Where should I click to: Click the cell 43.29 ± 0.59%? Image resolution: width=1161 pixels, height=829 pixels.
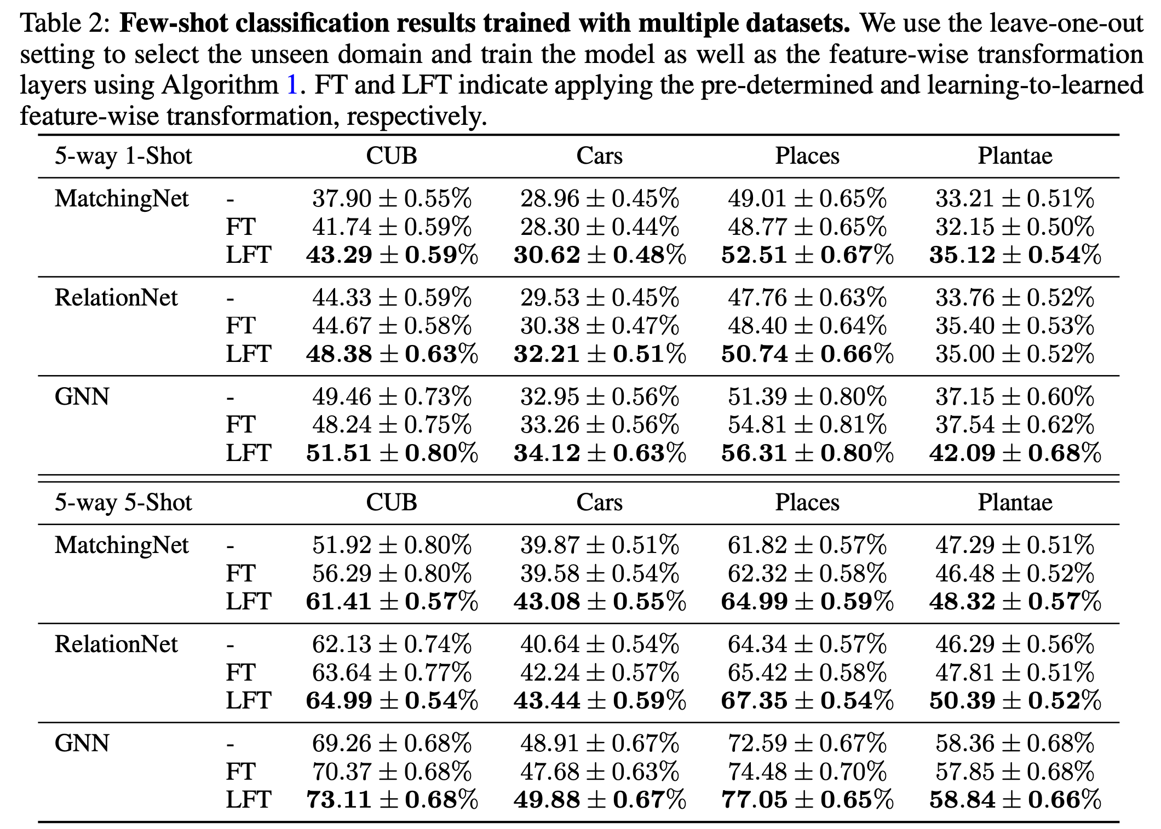point(392,255)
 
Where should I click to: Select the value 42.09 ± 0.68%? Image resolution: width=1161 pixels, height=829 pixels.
point(1015,453)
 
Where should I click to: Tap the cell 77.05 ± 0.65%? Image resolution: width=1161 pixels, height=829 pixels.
point(807,800)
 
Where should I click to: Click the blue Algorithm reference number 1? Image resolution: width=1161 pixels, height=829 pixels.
point(292,85)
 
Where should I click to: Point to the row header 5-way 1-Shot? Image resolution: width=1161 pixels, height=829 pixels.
point(123,156)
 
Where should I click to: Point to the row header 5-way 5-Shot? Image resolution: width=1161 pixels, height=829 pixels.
point(123,503)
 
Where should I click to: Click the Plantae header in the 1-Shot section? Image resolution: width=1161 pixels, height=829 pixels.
point(1015,156)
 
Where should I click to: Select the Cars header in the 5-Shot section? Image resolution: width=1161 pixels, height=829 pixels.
point(599,503)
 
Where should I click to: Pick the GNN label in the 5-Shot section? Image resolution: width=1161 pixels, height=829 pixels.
point(82,744)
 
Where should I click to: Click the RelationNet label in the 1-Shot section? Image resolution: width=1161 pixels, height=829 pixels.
point(116,298)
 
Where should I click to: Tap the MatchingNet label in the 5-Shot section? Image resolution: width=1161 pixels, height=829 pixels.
point(122,545)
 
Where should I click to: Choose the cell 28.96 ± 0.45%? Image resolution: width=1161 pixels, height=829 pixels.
point(599,199)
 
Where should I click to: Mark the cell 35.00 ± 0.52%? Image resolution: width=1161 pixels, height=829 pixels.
point(1015,354)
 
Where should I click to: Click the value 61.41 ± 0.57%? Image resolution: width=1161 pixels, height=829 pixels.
point(392,602)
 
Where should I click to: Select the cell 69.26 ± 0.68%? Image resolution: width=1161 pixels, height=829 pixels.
point(392,744)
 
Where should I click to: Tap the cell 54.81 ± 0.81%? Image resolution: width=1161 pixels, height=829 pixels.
point(807,425)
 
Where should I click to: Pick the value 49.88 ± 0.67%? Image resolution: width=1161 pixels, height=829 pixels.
point(599,800)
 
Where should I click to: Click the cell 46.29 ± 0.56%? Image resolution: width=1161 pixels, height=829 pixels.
point(1015,644)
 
